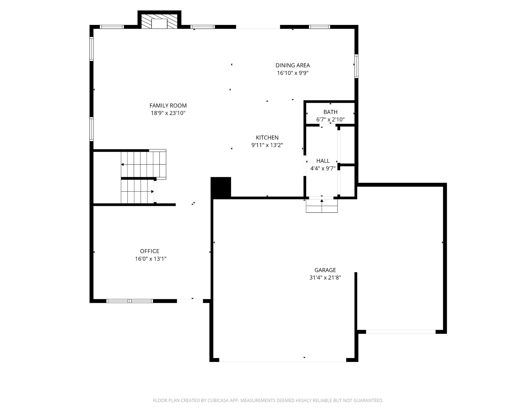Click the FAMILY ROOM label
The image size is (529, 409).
click(x=168, y=106)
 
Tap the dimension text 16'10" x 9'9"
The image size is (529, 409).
click(x=293, y=73)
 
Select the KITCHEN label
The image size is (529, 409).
click(x=267, y=138)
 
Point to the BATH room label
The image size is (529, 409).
click(x=330, y=112)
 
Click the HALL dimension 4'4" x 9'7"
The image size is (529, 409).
click(x=323, y=168)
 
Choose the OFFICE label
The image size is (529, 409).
click(x=150, y=251)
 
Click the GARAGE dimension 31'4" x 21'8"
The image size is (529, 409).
click(x=325, y=278)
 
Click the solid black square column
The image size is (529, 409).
click(x=221, y=187)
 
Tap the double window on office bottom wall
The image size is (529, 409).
click(x=130, y=301)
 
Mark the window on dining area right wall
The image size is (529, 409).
click(x=356, y=66)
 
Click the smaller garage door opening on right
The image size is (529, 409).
click(x=400, y=332)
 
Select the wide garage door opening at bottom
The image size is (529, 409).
click(x=282, y=360)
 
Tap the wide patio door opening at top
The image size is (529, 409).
click(x=258, y=27)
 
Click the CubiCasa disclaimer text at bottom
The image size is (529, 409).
click(x=268, y=401)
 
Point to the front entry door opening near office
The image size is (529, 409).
click(x=190, y=300)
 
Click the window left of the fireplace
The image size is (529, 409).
click(x=112, y=27)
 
